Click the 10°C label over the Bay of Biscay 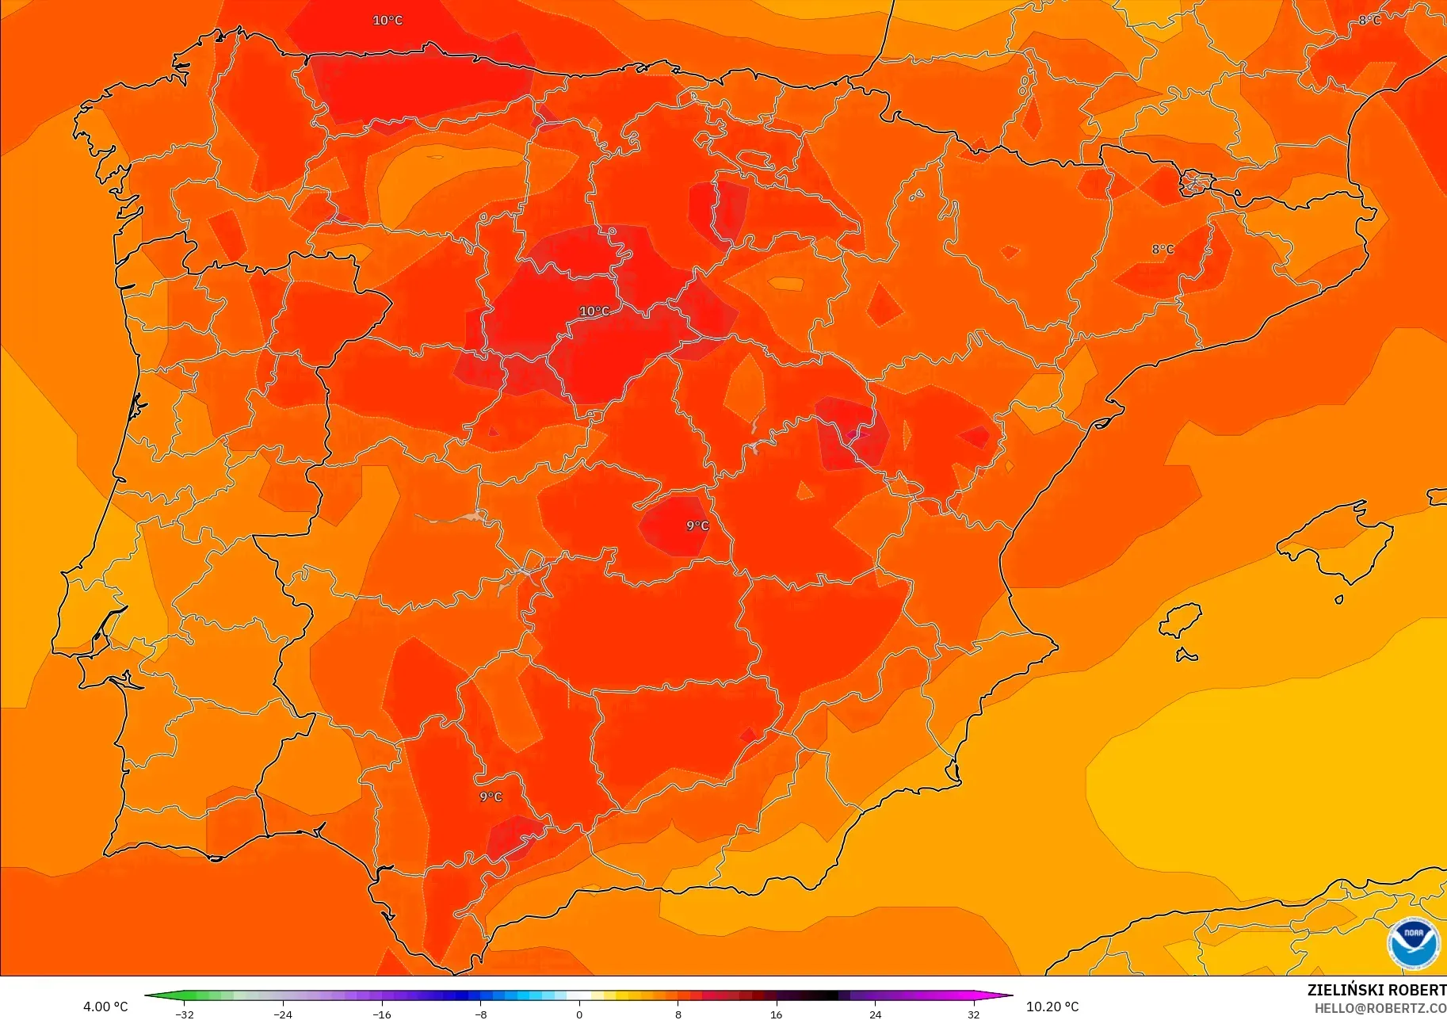tap(388, 21)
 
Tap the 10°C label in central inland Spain tap(594, 311)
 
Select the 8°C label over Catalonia tap(1163, 250)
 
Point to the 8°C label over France tap(1369, 21)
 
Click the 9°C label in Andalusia tap(491, 797)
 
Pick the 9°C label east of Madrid tap(697, 525)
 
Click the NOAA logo tap(1413, 943)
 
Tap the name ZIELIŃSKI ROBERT tap(1376, 990)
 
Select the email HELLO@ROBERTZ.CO tap(1380, 1008)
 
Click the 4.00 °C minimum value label tap(105, 1007)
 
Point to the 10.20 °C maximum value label tap(1052, 1007)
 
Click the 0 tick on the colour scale tap(579, 1014)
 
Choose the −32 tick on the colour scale tap(184, 1014)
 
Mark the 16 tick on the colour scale tap(776, 1014)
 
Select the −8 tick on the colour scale tap(481, 1014)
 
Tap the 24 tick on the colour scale tap(875, 1014)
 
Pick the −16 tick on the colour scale tap(382, 1014)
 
